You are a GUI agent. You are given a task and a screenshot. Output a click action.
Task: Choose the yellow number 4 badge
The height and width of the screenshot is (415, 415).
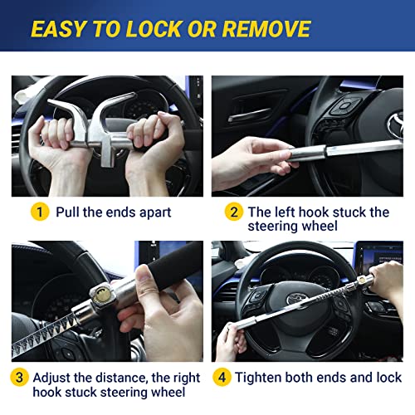point(221,377)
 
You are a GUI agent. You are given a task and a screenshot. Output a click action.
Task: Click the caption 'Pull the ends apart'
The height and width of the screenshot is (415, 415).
point(113,212)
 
